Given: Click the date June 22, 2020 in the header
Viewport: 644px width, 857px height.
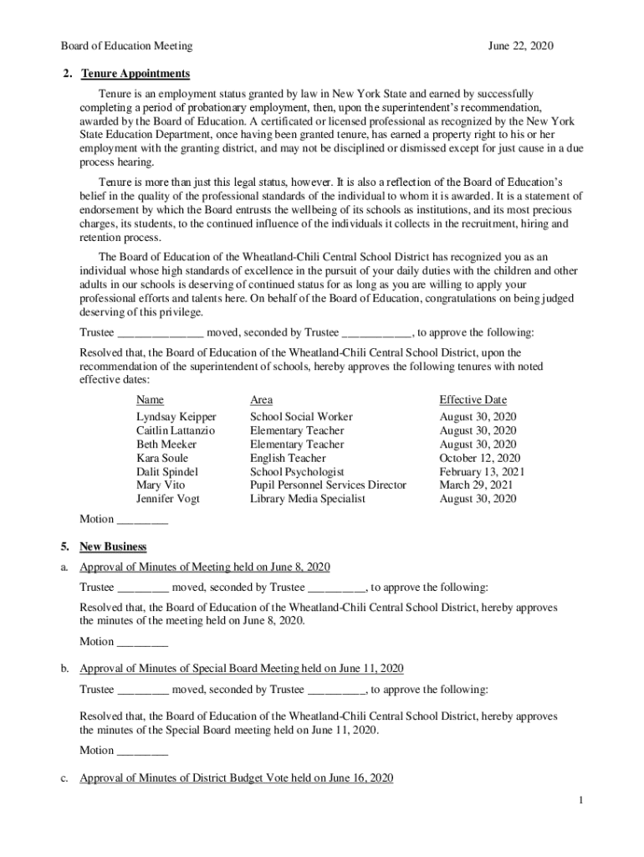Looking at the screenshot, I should tap(520, 46).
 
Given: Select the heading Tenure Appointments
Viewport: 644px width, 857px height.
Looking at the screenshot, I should tap(135, 74).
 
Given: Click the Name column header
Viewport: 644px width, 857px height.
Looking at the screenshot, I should tap(150, 400).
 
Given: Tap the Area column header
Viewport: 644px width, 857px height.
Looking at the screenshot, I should tap(261, 400).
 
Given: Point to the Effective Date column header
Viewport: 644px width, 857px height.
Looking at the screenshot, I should tap(473, 400).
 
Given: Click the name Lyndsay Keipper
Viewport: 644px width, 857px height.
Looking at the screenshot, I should tap(176, 417).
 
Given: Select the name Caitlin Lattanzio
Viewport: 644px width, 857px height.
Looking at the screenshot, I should tap(175, 430).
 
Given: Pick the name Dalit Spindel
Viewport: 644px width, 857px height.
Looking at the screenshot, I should tap(166, 472).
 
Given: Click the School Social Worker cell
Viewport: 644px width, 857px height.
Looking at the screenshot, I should tap(301, 417).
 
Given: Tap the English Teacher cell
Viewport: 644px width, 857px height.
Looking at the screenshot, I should tap(288, 458).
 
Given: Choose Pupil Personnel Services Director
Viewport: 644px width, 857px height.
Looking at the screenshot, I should tap(328, 485).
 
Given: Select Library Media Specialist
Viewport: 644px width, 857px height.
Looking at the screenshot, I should tap(307, 499).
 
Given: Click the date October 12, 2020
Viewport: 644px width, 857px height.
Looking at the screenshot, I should tap(479, 458).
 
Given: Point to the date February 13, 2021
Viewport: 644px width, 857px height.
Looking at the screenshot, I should tap(482, 472).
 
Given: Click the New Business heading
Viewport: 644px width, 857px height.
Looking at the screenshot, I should tap(113, 547).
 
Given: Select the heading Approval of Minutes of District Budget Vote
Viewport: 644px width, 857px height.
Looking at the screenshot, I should tap(236, 778).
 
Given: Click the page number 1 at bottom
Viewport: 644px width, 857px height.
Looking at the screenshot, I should tap(579, 802).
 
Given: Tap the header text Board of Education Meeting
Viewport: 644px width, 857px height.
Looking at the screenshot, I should tap(126, 46).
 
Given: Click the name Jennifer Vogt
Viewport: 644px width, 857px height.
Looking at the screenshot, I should tap(167, 499).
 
